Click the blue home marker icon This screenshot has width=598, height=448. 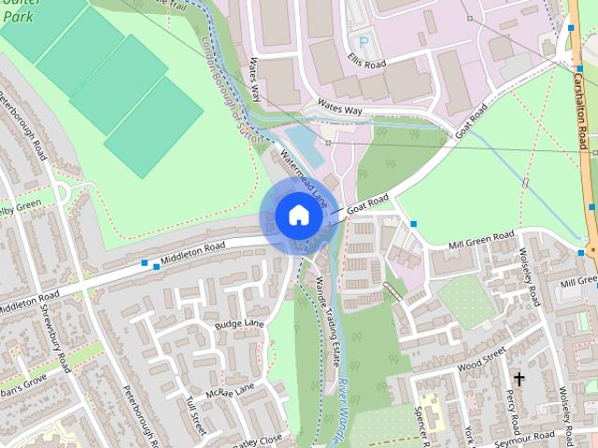[298, 216]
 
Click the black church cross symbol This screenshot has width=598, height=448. [519, 379]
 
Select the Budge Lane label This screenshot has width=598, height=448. [240, 324]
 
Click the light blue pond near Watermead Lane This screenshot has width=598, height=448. [301, 146]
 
